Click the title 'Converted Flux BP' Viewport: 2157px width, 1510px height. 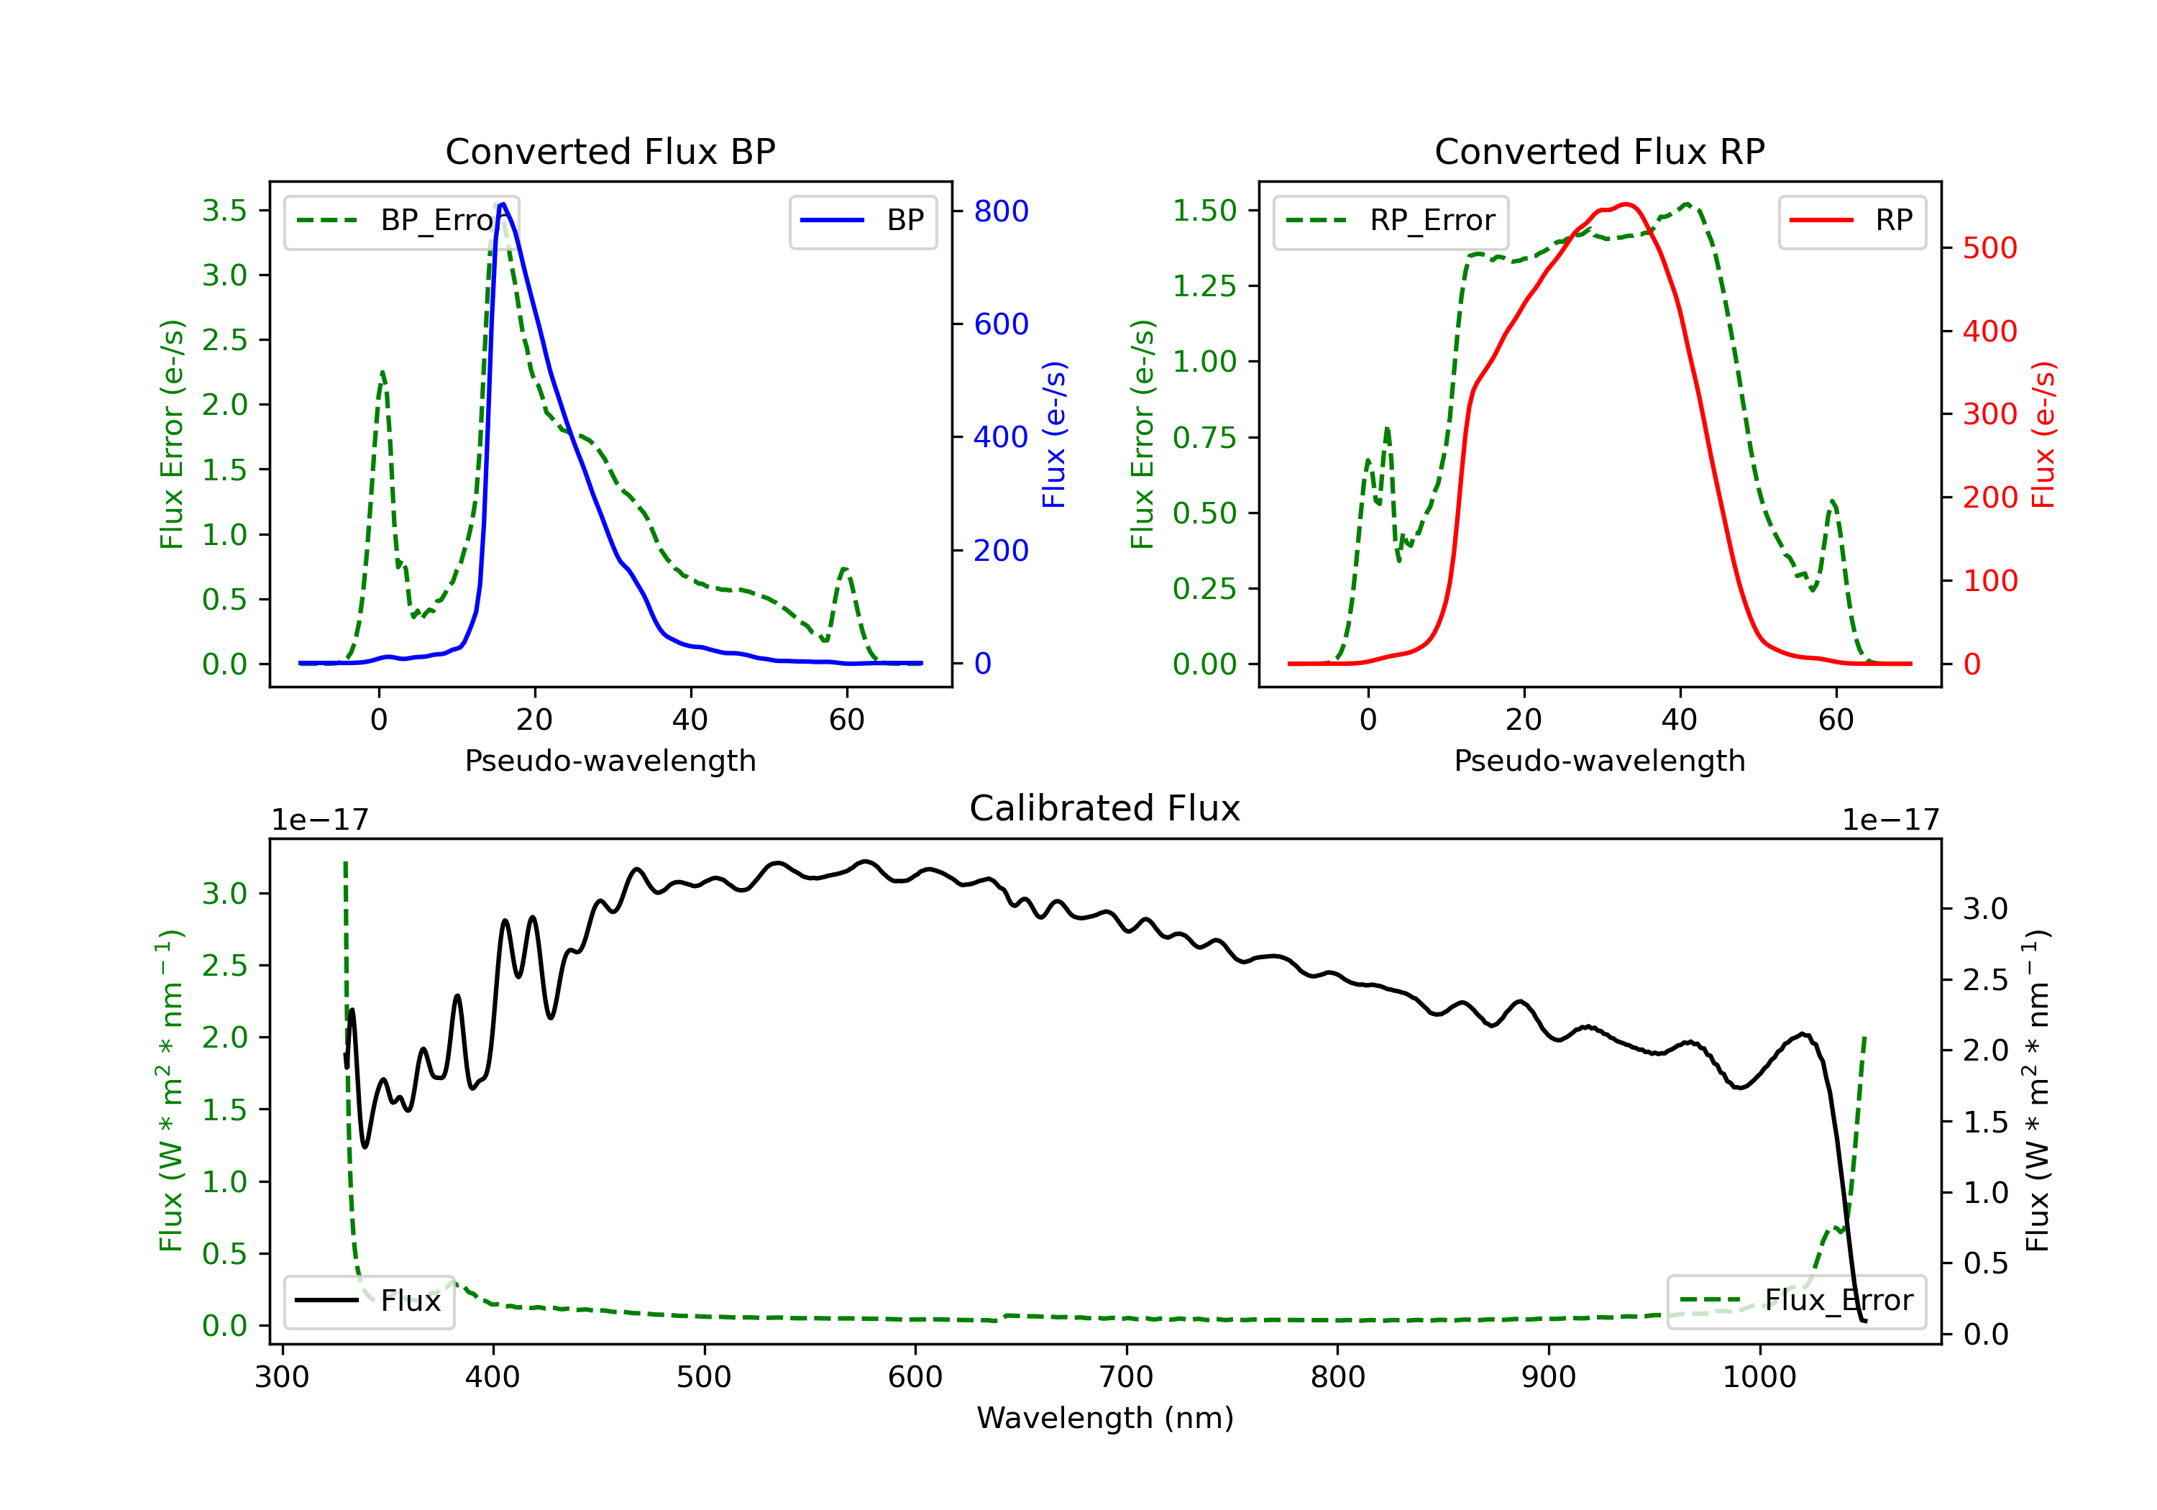[x=610, y=151]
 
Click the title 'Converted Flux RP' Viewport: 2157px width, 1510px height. [x=1600, y=151]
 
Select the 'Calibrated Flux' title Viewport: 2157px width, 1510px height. [x=1105, y=808]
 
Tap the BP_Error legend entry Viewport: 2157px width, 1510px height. [x=402, y=221]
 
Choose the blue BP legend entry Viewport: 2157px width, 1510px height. [x=864, y=221]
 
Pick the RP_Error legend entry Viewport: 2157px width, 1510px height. [x=1391, y=221]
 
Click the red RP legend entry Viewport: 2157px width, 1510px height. [x=1851, y=221]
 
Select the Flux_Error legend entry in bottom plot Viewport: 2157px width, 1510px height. [x=1796, y=1301]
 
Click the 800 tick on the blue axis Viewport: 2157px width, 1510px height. [x=1002, y=211]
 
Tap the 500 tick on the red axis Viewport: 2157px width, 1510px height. [x=1989, y=248]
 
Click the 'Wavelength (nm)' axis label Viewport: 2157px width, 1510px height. [x=1105, y=1418]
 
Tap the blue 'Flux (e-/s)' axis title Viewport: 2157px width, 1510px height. [x=1054, y=435]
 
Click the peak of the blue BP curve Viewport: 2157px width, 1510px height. [x=503, y=204]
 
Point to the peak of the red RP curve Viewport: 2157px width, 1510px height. [x=1626, y=204]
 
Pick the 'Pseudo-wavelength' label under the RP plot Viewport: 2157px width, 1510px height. [x=1600, y=761]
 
